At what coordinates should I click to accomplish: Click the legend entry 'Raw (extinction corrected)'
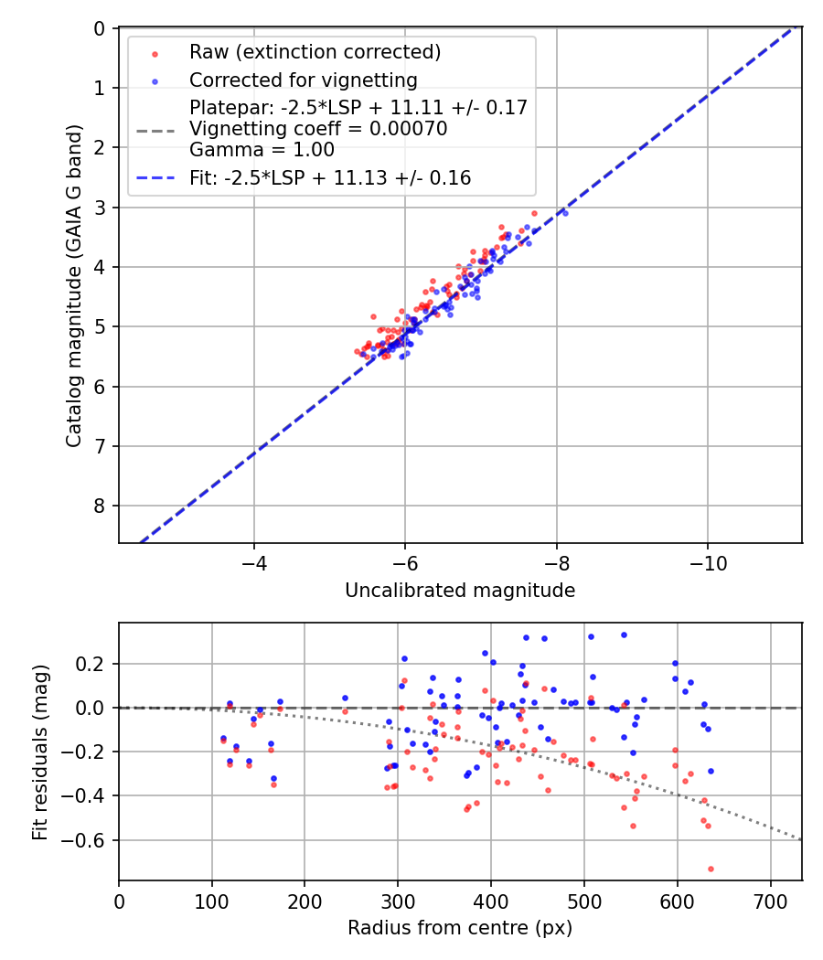pyautogui.click(x=315, y=52)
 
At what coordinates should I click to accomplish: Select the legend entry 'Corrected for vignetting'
pyautogui.click(x=303, y=80)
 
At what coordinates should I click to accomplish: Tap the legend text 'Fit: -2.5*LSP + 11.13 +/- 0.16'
pyautogui.click(x=330, y=178)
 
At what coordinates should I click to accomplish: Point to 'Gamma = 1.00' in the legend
pyautogui.click(x=262, y=149)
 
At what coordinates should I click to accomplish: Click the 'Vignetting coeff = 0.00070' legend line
pyautogui.click(x=318, y=129)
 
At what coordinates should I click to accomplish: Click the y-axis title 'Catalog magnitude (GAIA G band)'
pyautogui.click(x=75, y=285)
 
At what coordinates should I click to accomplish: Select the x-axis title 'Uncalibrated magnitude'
pyautogui.click(x=460, y=591)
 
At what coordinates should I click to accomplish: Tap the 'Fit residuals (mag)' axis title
pyautogui.click(x=40, y=752)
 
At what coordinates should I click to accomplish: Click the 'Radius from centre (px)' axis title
pyautogui.click(x=460, y=928)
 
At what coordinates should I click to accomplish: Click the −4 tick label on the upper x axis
pyautogui.click(x=254, y=563)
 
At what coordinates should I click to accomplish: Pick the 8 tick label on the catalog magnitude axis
pyautogui.click(x=100, y=506)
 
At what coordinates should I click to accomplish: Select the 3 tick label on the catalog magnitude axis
pyautogui.click(x=100, y=208)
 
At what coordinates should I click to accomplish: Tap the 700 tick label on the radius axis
pyautogui.click(x=770, y=901)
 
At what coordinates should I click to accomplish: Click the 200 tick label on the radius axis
pyautogui.click(x=305, y=901)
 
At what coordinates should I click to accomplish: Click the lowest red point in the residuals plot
pyautogui.click(x=711, y=869)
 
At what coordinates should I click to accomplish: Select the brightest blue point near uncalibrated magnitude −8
pyautogui.click(x=565, y=213)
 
